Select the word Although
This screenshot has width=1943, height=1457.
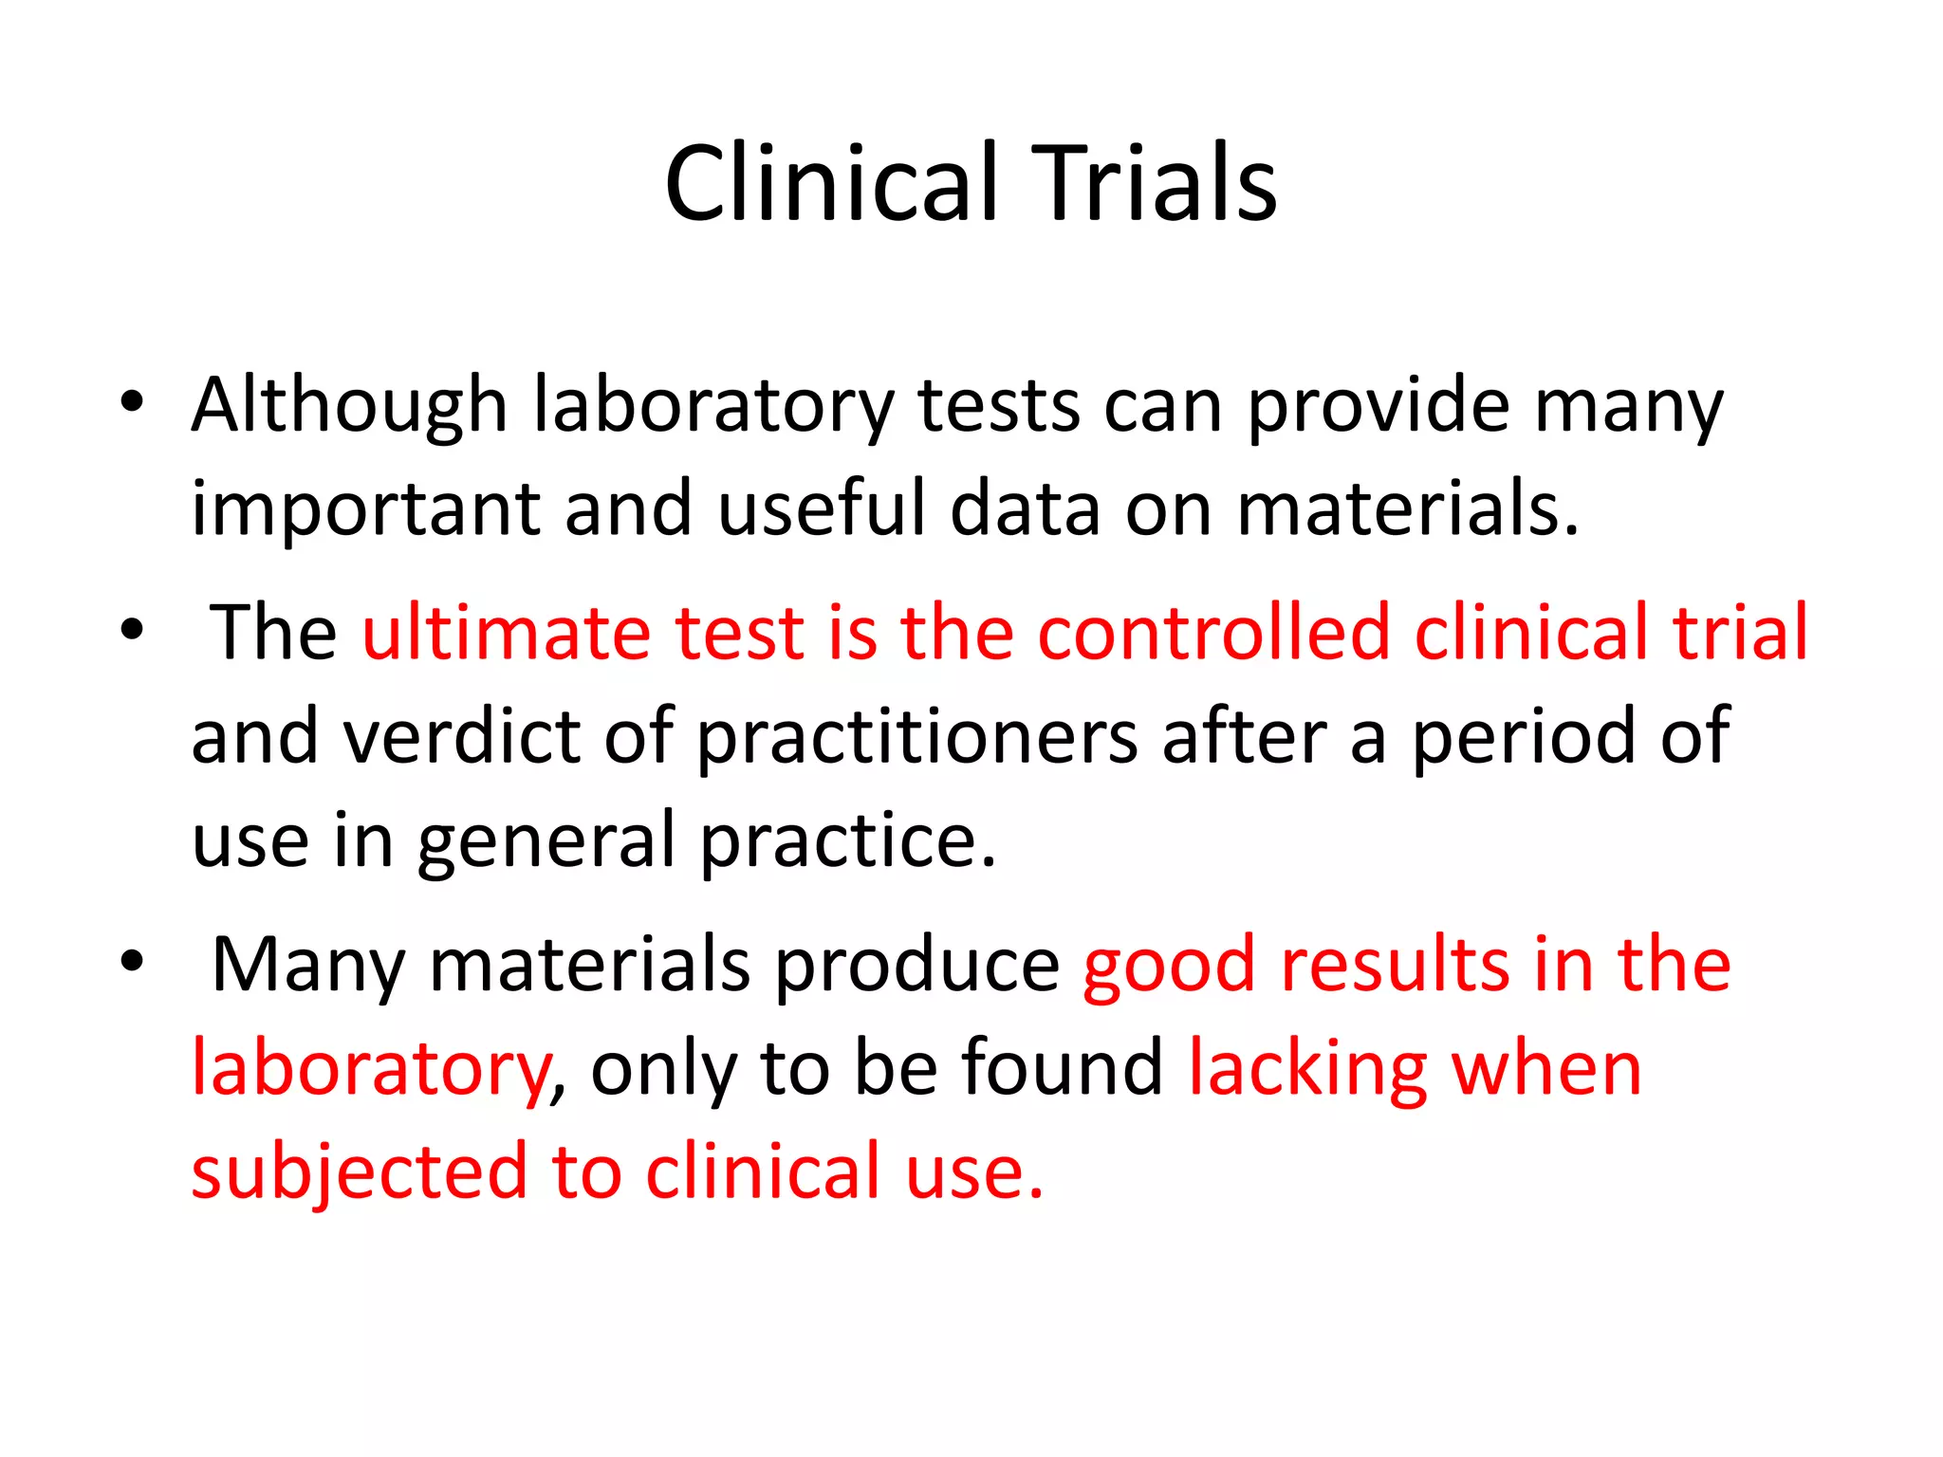tap(349, 406)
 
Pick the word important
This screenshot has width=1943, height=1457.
tap(365, 509)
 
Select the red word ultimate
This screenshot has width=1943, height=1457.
tap(506, 632)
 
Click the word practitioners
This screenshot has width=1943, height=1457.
tap(917, 738)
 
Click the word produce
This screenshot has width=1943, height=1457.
tap(917, 966)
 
